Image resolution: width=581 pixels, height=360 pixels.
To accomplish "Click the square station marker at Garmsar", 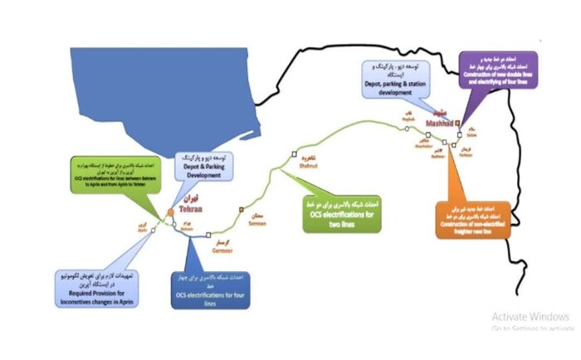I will click(209, 235).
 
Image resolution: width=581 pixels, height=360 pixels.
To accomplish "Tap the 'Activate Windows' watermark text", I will click(530, 316).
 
